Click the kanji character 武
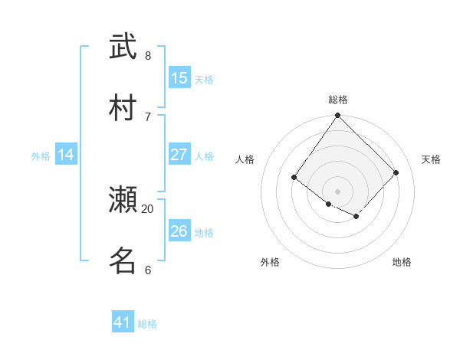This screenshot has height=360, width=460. pos(123,47)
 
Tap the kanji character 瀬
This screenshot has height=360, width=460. pos(123,200)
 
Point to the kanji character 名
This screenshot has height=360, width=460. pos(123,260)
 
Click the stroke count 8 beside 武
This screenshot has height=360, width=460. pos(148,55)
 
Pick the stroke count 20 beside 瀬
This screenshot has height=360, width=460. pos(148,208)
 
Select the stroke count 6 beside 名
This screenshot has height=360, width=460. pos(148,270)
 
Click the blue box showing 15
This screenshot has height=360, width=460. pos(179,78)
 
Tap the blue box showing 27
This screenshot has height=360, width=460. pos(179,155)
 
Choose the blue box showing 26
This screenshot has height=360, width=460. pos(179,231)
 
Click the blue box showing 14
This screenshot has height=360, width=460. pos(65,155)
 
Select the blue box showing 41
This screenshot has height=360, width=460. pos(123,322)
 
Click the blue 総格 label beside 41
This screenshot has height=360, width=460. pos(147,324)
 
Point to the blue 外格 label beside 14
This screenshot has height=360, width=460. pos(41,156)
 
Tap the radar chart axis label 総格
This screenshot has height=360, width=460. pos(338,100)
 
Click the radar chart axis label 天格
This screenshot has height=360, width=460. pos(431,159)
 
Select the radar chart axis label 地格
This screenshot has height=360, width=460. pos(402,262)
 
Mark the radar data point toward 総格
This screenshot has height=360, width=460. pos(337,116)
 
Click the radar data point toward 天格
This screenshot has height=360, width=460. pos(396,172)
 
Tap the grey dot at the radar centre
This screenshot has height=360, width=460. pos(337,191)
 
